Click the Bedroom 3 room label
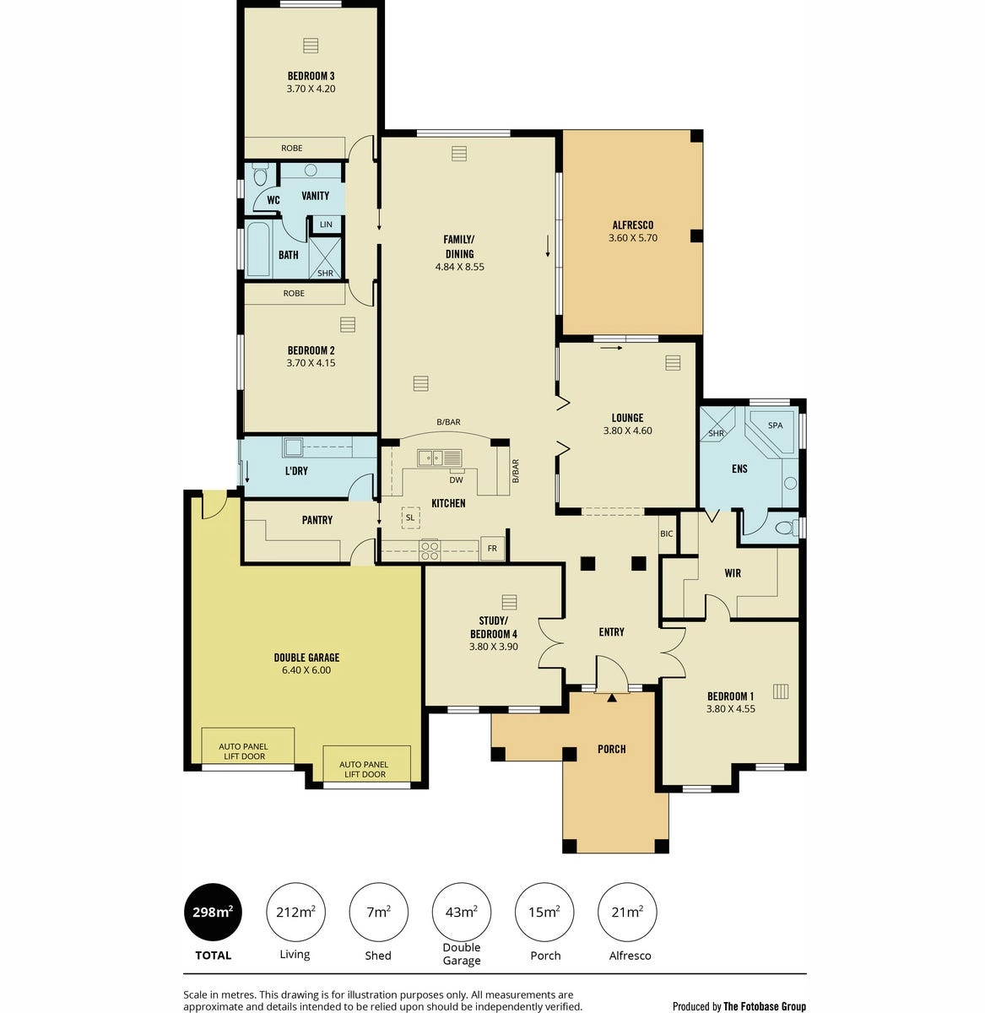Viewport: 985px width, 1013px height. point(311,76)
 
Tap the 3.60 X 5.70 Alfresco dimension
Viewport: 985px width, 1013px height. point(632,238)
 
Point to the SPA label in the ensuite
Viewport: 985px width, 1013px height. point(775,425)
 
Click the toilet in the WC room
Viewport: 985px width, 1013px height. point(259,175)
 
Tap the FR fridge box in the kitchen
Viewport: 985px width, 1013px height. point(492,548)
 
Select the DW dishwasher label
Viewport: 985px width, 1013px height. point(456,480)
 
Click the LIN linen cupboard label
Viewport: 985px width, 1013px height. point(326,225)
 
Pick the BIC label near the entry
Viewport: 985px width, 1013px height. point(667,534)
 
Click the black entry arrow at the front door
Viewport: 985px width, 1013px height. point(612,698)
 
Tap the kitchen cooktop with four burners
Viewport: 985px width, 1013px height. point(430,550)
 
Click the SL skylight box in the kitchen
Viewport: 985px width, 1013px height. point(410,517)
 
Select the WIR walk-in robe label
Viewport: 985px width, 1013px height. point(733,573)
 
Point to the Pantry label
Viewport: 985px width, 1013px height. point(317,520)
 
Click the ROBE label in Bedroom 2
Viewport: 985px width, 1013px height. point(294,294)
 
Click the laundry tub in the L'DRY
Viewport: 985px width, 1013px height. point(292,447)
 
